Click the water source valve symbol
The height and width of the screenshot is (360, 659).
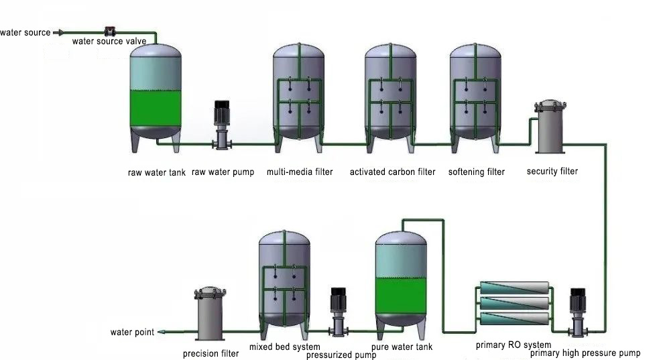109,32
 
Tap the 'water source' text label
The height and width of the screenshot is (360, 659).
24,32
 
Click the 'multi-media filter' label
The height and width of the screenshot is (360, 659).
299,172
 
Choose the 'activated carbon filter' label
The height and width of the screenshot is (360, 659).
392,172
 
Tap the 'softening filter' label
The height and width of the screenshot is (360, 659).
476,172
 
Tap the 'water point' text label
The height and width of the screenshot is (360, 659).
132,333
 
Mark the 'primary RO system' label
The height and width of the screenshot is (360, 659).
513,346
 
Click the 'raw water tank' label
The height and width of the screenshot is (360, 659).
156,172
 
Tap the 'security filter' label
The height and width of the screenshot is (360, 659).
552,171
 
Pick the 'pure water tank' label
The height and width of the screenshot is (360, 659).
402,347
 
